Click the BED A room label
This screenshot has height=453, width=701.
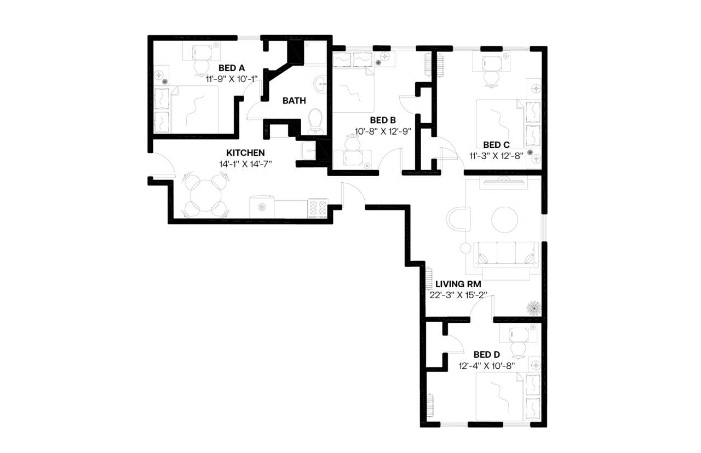(x=231, y=68)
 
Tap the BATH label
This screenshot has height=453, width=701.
(x=294, y=101)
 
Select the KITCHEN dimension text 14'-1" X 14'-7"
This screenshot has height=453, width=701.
(x=246, y=164)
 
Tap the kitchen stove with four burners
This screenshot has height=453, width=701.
(x=318, y=208)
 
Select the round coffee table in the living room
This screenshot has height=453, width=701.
(x=504, y=219)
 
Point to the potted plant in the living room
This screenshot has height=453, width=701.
(x=533, y=308)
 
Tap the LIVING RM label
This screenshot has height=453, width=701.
(x=458, y=284)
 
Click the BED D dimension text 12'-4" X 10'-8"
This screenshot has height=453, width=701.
(x=486, y=365)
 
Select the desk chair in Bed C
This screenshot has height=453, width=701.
(x=490, y=78)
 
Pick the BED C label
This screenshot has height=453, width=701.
(x=496, y=145)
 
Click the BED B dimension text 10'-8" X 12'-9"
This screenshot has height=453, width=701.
(x=383, y=131)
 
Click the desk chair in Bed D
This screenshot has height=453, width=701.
(x=518, y=348)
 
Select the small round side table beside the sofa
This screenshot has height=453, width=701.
(x=466, y=248)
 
